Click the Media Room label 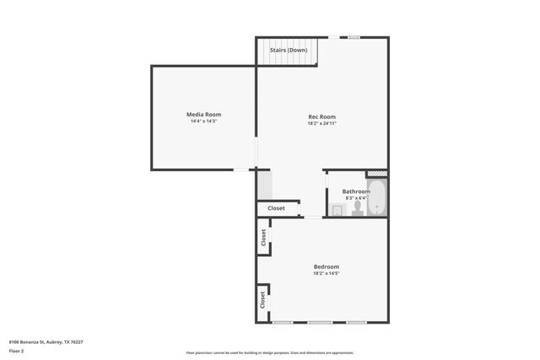click(203, 115)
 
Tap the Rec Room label click(321, 116)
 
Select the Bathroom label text click(344, 191)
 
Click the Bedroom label click(326, 266)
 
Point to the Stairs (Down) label click(289, 51)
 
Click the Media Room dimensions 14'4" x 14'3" click(203, 122)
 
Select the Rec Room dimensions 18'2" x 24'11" click(321, 124)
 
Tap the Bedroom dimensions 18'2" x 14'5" click(326, 273)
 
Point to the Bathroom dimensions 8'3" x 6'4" click(344, 198)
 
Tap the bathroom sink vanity click(337, 211)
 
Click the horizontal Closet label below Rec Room click(276, 208)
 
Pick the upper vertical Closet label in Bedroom click(263, 237)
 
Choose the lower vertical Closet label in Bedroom click(263, 298)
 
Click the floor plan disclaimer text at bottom click(270, 352)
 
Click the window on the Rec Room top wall click(354, 37)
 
